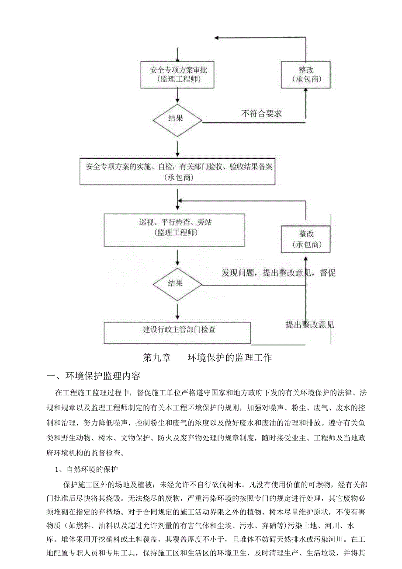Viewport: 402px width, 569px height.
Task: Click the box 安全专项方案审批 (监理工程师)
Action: (x=177, y=74)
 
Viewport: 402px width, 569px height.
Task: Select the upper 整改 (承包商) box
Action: (x=306, y=74)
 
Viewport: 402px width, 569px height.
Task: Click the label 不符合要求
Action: (x=261, y=114)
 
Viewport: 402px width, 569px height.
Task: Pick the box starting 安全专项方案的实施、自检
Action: (x=177, y=171)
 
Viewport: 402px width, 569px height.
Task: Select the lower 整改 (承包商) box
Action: (x=306, y=239)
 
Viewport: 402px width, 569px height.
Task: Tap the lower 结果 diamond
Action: (x=177, y=284)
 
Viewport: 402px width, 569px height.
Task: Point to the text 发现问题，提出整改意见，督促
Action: (x=279, y=273)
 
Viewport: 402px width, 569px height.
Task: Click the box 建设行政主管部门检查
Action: (x=177, y=332)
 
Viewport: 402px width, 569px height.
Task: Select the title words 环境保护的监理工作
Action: (x=229, y=357)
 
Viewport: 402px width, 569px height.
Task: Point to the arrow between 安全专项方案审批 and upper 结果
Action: (x=177, y=95)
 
